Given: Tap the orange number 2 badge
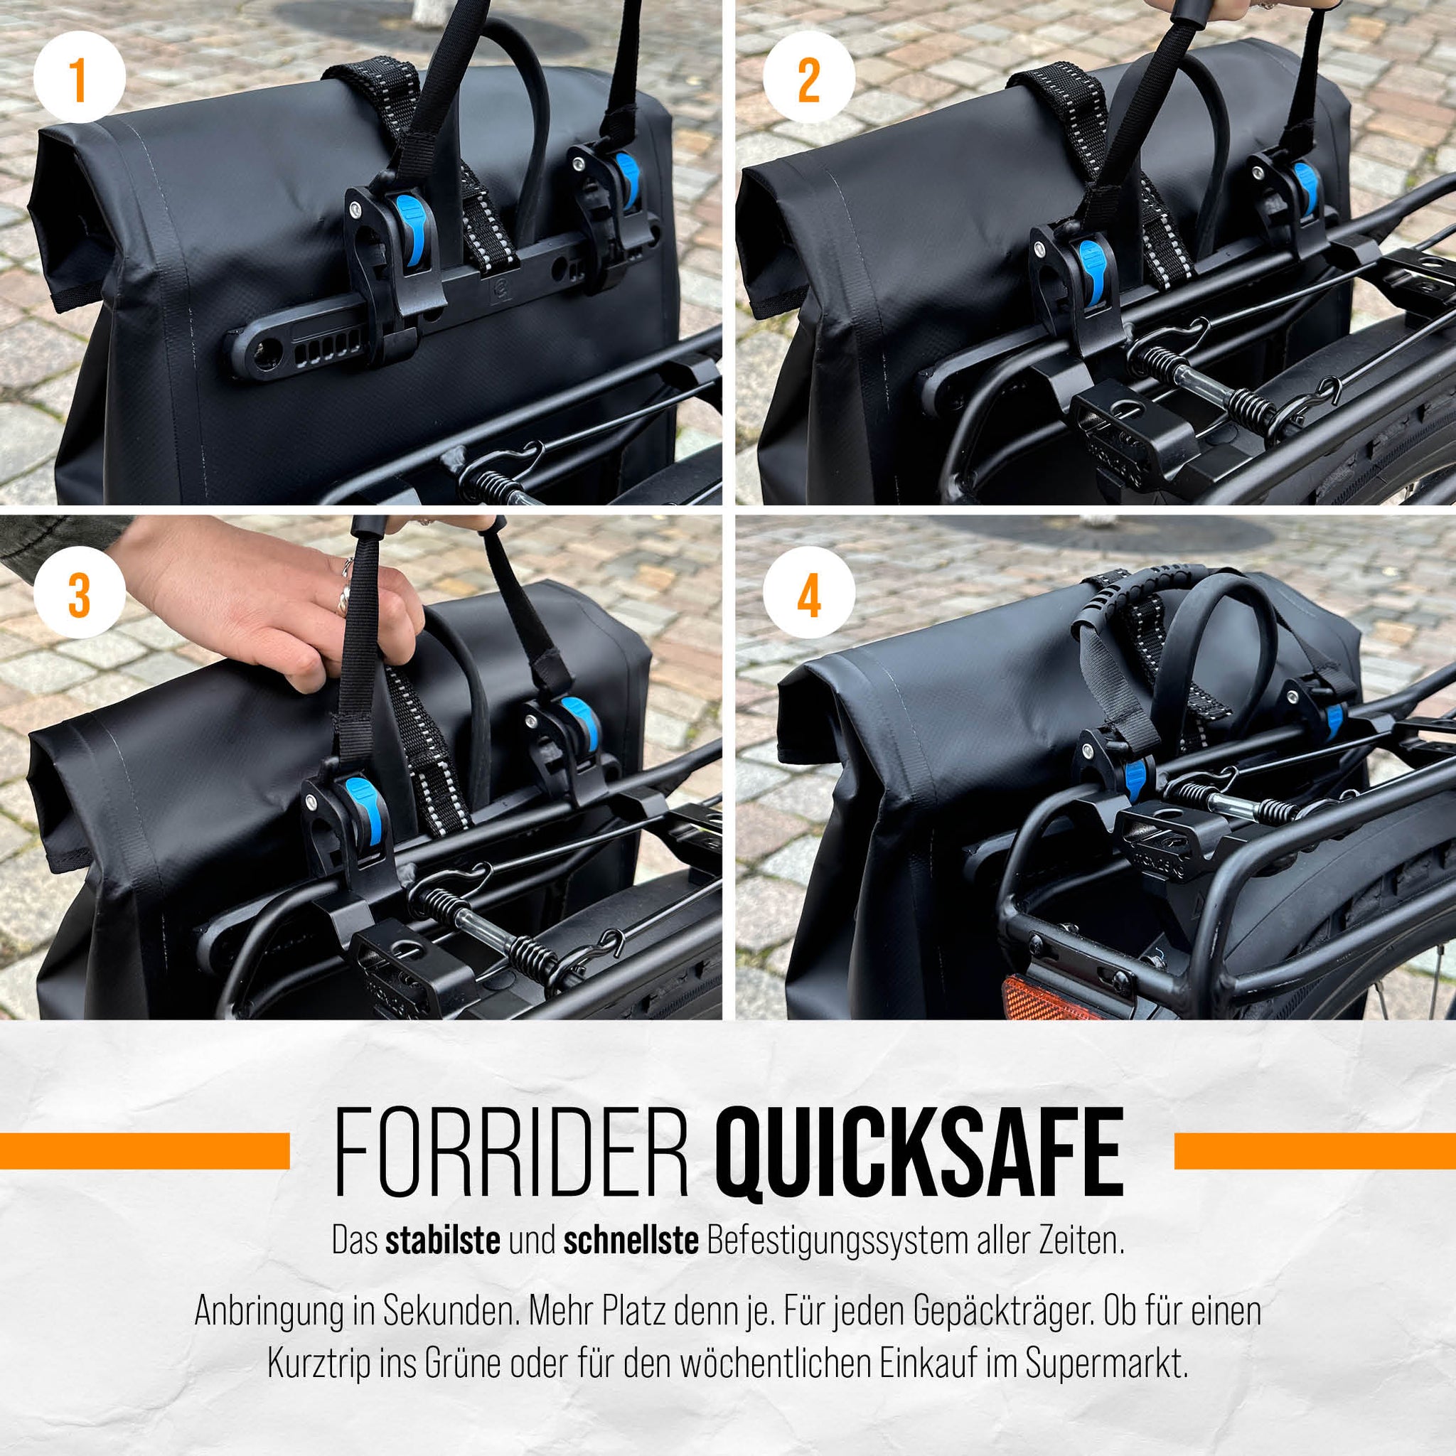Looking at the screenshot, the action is click(808, 80).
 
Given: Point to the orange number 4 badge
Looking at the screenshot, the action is click(808, 598).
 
